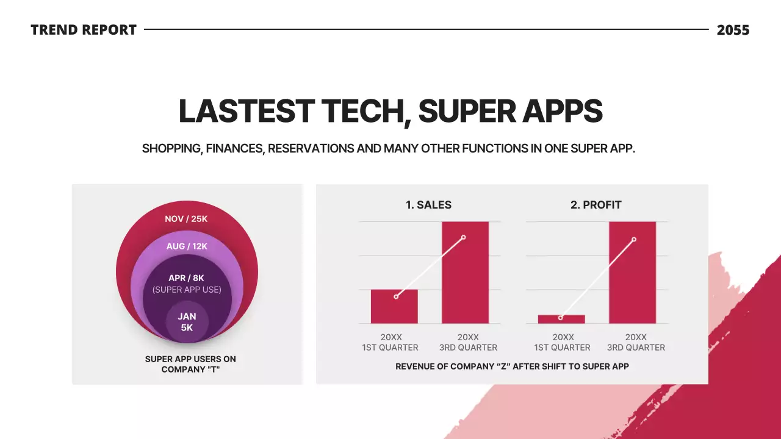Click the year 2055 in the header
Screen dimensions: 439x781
pyautogui.click(x=733, y=30)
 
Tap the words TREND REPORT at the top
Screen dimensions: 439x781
pyautogui.click(x=84, y=30)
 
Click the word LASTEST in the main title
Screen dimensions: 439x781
pyautogui.click(x=246, y=112)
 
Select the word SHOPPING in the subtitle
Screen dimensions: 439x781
pyautogui.click(x=171, y=148)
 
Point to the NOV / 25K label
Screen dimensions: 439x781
pyautogui.click(x=186, y=219)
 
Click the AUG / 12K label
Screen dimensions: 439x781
pyautogui.click(x=187, y=246)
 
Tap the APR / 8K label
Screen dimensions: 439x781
pyautogui.click(x=186, y=278)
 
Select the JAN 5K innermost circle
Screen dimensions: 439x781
pyautogui.click(x=187, y=322)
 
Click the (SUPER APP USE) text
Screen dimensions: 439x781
pyautogui.click(x=187, y=290)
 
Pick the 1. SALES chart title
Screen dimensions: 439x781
pyautogui.click(x=428, y=205)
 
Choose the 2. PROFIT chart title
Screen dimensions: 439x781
pyautogui.click(x=596, y=205)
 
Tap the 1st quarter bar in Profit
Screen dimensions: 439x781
pyautogui.click(x=561, y=319)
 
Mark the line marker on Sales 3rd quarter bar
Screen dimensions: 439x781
pyautogui.click(x=464, y=237)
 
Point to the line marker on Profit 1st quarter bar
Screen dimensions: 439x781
pyautogui.click(x=561, y=318)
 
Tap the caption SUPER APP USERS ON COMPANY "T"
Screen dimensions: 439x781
pyautogui.click(x=190, y=364)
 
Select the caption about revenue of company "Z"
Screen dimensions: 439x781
pyautogui.click(x=512, y=366)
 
